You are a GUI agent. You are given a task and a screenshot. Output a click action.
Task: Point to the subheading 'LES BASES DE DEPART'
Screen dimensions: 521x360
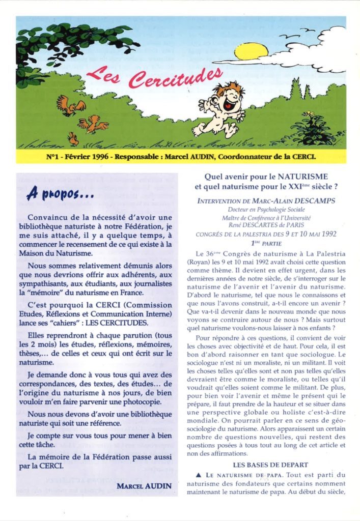coord(270,464)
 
